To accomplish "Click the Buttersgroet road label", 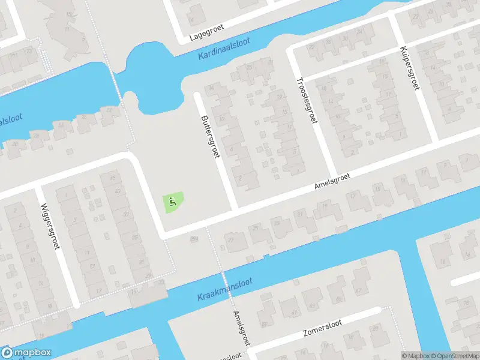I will coord(211,137).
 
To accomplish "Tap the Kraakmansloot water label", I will coord(225,289).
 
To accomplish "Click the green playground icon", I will coord(173,202).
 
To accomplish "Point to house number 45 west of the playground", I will coord(112,178).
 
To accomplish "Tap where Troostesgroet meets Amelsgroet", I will coord(332,173).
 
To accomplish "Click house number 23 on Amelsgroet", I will coord(277,223).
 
